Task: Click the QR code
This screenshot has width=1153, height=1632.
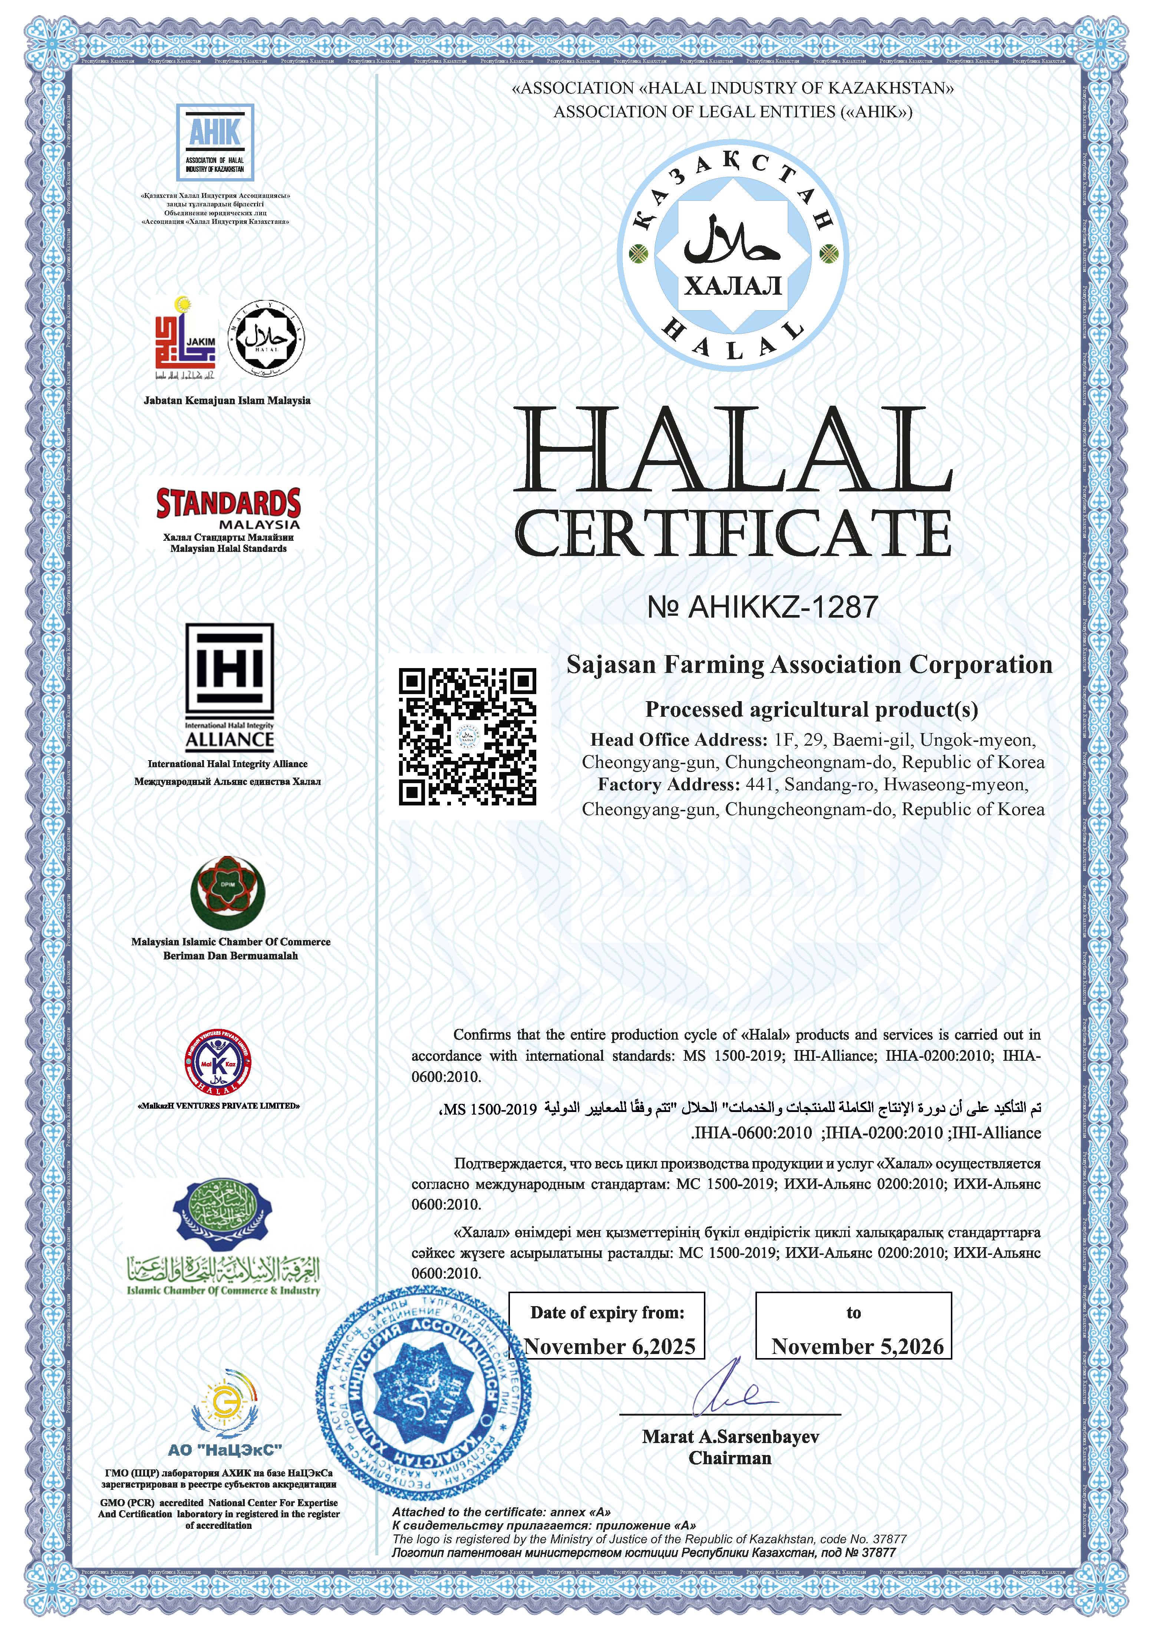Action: [x=467, y=736]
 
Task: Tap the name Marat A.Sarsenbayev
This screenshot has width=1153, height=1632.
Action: [x=730, y=1436]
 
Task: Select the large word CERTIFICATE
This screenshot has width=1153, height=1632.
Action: [x=732, y=534]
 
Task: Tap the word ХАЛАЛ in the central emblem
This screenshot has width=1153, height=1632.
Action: [x=732, y=286]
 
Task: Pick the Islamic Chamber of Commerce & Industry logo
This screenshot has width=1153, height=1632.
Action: [x=223, y=1240]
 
